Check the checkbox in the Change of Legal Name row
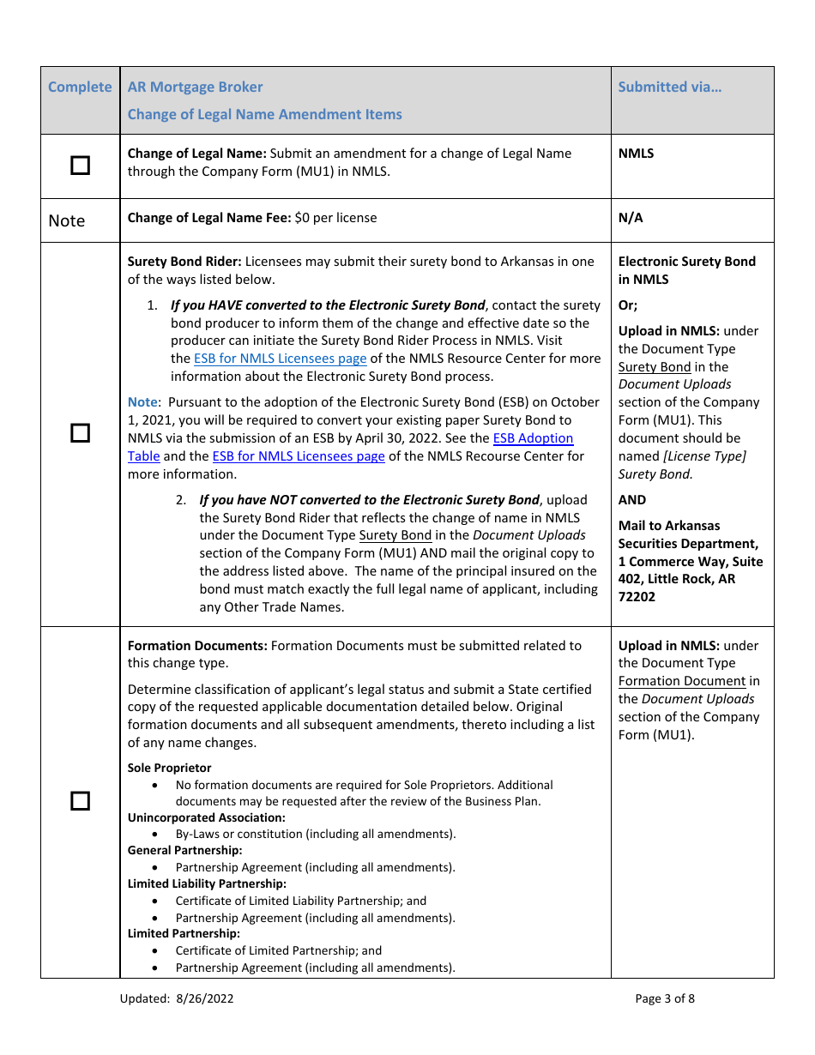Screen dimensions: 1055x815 [80, 166]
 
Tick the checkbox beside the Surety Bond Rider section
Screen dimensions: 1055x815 [80, 433]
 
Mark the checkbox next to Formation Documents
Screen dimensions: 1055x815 [80, 801]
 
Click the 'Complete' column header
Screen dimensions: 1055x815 [80, 87]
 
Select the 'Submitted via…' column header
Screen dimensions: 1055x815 [670, 87]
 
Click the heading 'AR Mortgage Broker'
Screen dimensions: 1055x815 [195, 87]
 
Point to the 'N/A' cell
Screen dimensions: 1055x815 [631, 218]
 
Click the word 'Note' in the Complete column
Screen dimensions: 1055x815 [67, 220]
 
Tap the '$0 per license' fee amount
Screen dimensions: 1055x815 [335, 218]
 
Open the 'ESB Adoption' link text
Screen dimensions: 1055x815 [533, 438]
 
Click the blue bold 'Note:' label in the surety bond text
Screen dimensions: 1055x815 [143, 402]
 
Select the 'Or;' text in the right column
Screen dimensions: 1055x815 [628, 305]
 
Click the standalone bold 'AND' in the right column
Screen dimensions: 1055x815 [632, 500]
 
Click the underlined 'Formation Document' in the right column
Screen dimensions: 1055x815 [682, 681]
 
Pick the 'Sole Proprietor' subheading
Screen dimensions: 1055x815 [169, 768]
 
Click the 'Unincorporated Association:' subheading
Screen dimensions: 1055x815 [207, 817]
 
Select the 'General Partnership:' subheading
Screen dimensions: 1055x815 [185, 850]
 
